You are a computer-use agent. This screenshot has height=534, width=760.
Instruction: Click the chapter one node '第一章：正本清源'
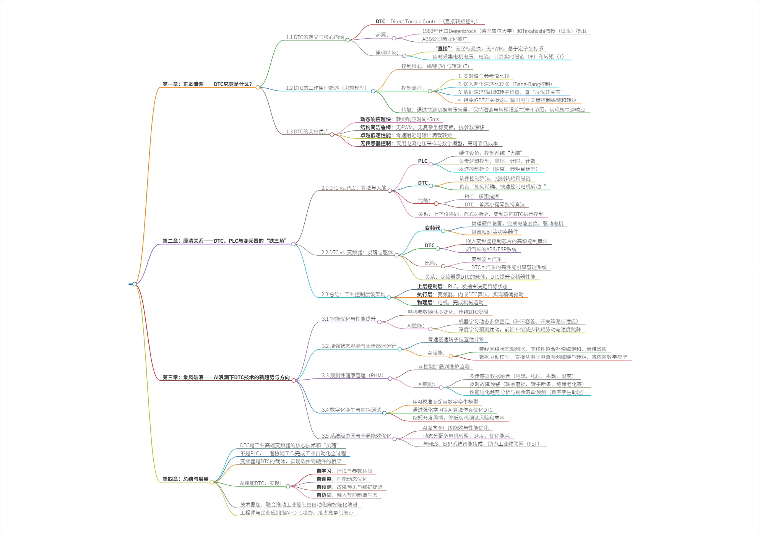(207, 84)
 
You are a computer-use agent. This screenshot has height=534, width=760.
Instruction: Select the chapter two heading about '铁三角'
(224, 241)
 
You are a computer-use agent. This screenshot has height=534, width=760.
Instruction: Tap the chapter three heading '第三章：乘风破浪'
(226, 377)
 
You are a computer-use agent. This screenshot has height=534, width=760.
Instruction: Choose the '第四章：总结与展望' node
(185, 479)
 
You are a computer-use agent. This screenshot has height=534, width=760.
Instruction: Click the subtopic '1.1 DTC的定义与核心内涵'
(315, 37)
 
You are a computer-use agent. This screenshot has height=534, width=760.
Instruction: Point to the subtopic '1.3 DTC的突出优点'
(307, 131)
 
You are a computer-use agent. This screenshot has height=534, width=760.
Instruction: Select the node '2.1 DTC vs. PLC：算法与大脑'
(354, 188)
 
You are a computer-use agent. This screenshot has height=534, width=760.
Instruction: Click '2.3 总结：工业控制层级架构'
(353, 294)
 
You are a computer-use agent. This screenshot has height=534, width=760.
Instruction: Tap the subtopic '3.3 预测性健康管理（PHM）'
(352, 375)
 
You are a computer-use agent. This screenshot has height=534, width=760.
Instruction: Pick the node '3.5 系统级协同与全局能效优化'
(356, 436)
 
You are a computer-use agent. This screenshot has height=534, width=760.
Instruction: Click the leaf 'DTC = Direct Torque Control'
(427, 21)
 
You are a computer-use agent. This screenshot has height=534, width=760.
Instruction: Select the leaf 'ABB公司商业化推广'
(445, 39)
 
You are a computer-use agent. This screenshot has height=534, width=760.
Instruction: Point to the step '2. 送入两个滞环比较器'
(505, 84)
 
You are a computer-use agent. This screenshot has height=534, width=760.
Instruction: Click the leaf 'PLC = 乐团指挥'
(482, 196)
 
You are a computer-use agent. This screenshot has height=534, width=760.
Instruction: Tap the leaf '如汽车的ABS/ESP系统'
(491, 249)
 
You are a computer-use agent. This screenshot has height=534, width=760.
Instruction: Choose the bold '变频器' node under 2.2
(432, 228)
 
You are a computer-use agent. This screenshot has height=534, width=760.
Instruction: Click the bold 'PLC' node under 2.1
(423, 161)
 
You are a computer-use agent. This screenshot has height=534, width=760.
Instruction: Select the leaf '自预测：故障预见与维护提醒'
(349, 487)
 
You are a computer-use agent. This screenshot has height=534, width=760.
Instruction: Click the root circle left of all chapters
(134, 284)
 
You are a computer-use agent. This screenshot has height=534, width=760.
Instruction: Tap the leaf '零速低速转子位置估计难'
(456, 339)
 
